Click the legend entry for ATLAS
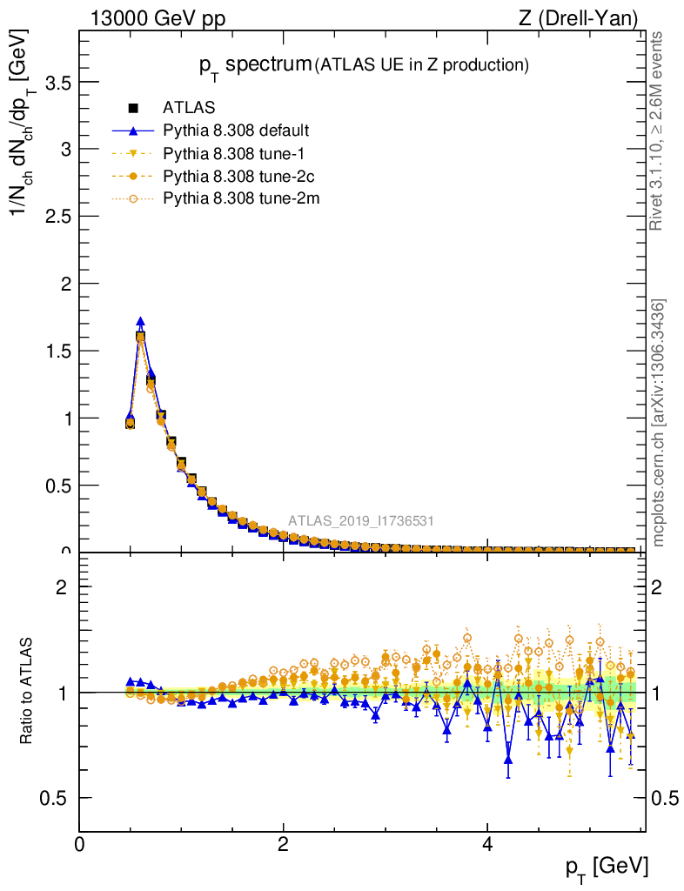point(183,109)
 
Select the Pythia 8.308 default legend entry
point(236,131)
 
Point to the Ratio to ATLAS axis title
point(26,692)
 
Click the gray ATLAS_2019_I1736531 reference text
point(361,521)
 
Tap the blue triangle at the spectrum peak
point(140,322)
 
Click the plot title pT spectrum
point(254,64)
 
